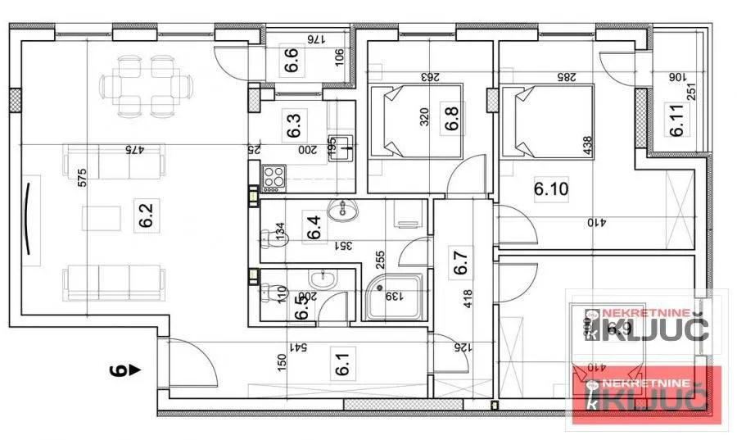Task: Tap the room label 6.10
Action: click(x=550, y=190)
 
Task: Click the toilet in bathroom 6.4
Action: click(x=267, y=239)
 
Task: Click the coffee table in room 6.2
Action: click(x=101, y=218)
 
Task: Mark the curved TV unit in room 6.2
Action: click(x=29, y=217)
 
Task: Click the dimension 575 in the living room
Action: click(x=82, y=184)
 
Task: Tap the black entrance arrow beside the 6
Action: click(x=134, y=370)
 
